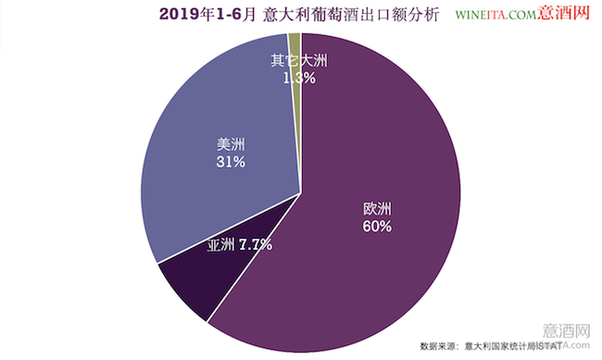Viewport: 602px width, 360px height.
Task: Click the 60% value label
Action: [377, 227]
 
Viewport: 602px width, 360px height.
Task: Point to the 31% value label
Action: [231, 162]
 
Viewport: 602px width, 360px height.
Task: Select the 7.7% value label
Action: [256, 244]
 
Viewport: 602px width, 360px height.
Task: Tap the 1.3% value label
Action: [299, 79]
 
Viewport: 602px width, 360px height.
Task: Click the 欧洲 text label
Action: [377, 209]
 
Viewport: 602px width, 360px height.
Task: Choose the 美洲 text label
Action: [231, 144]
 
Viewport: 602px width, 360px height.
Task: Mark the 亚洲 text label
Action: [220, 244]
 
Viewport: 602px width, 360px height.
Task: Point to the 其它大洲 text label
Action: [299, 61]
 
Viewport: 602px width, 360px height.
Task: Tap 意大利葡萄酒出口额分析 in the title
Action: [351, 15]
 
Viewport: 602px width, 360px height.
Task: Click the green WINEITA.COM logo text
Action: [496, 15]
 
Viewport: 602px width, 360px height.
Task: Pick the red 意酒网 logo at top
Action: [563, 12]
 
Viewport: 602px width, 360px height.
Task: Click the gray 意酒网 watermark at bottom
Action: [566, 330]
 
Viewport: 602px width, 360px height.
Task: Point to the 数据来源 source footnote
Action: [491, 346]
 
